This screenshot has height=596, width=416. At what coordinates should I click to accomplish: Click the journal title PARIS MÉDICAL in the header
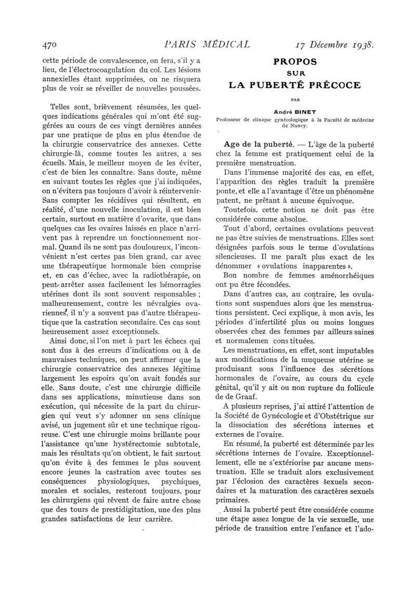point(207,44)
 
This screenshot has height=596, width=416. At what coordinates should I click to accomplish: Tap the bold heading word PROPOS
point(295,61)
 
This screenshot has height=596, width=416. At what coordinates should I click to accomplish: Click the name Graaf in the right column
point(238,396)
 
